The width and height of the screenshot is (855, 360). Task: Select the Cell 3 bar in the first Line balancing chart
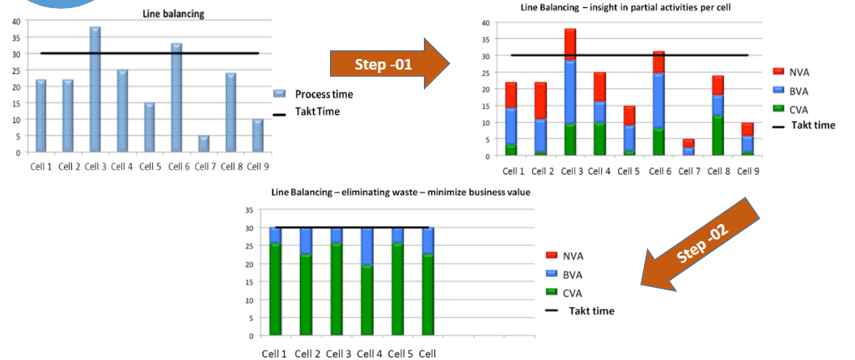95,90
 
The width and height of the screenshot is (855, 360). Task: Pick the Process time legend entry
315,95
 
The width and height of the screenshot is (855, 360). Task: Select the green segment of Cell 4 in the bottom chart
368,300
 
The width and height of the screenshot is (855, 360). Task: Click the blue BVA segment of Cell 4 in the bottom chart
368,247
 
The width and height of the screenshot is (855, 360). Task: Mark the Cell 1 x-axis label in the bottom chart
273,354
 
